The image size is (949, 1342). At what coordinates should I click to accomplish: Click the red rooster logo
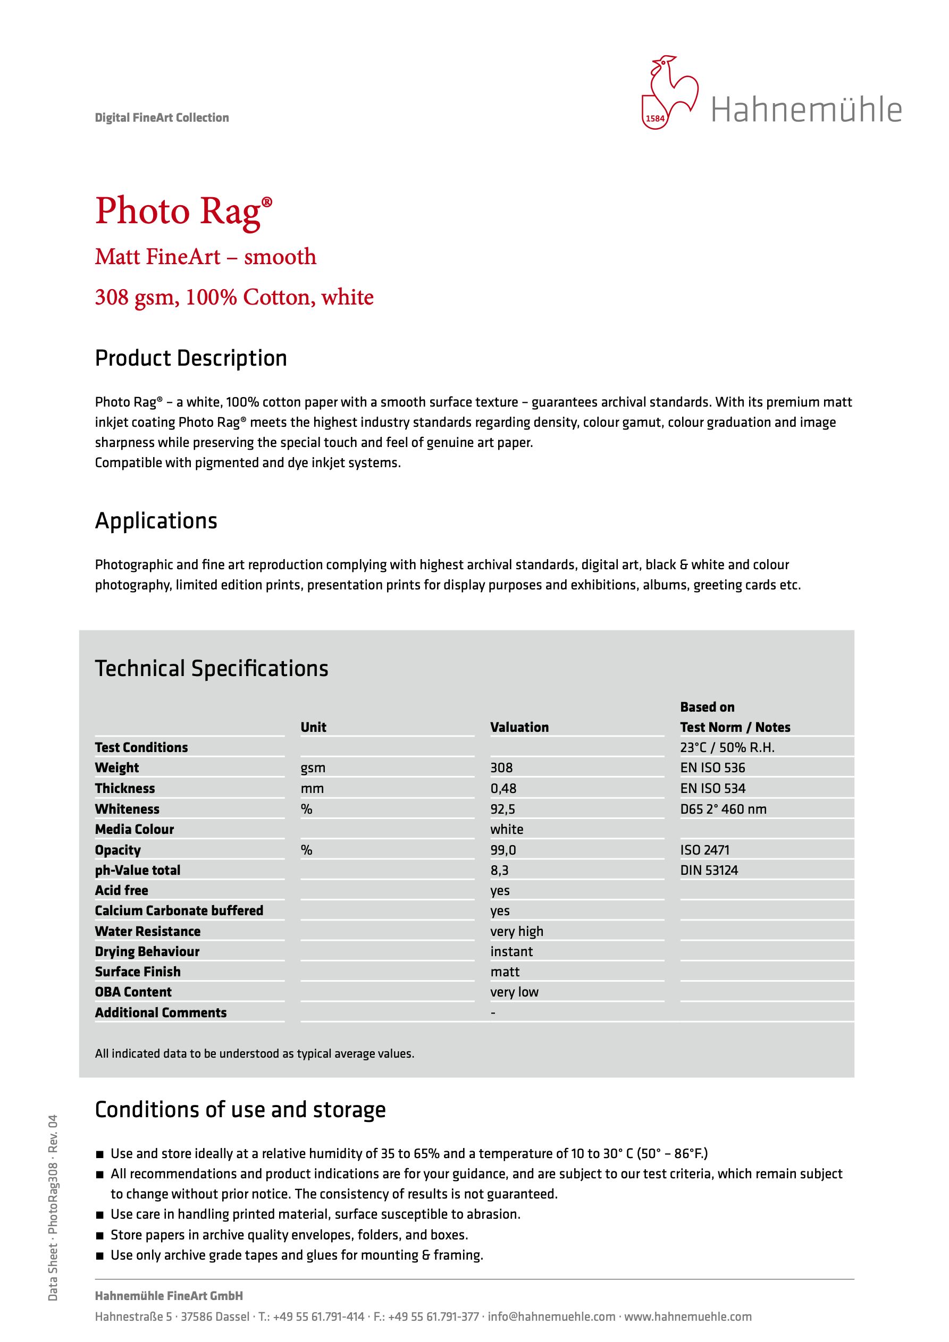(x=669, y=92)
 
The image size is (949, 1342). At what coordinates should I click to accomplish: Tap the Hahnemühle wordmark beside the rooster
(x=806, y=110)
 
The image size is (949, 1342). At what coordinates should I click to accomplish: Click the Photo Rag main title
(x=183, y=211)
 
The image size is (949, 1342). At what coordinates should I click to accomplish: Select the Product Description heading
(x=191, y=358)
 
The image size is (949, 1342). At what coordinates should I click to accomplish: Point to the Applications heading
(x=156, y=521)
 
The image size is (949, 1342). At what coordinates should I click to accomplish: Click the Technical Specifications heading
(x=212, y=669)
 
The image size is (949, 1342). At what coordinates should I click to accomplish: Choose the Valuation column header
(x=519, y=727)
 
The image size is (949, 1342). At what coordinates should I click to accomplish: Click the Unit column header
(x=314, y=727)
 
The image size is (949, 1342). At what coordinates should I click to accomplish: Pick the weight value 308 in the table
(x=501, y=767)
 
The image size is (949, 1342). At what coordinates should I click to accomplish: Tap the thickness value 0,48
(x=503, y=789)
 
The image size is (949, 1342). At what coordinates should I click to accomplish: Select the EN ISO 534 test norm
(x=712, y=789)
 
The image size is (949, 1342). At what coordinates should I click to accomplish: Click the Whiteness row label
(x=127, y=809)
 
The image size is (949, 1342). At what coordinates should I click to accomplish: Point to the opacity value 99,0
(x=503, y=850)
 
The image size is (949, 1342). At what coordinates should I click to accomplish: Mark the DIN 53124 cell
(x=709, y=871)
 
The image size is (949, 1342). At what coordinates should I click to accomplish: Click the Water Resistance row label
(x=147, y=931)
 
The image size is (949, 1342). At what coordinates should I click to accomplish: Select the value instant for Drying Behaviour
(x=511, y=951)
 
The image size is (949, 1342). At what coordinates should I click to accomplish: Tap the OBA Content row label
(x=133, y=992)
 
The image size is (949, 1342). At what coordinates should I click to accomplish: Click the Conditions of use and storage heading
(x=240, y=1110)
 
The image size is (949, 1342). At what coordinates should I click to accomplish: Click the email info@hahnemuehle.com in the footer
(x=551, y=1316)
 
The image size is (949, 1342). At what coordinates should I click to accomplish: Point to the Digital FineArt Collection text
(x=162, y=117)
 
